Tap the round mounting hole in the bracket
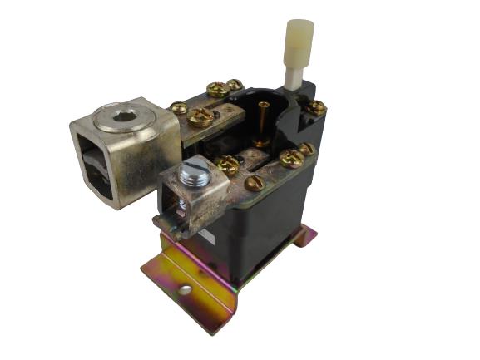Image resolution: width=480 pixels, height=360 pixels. pos(185,289)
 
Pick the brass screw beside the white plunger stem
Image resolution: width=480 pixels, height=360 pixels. pos(315,106)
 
